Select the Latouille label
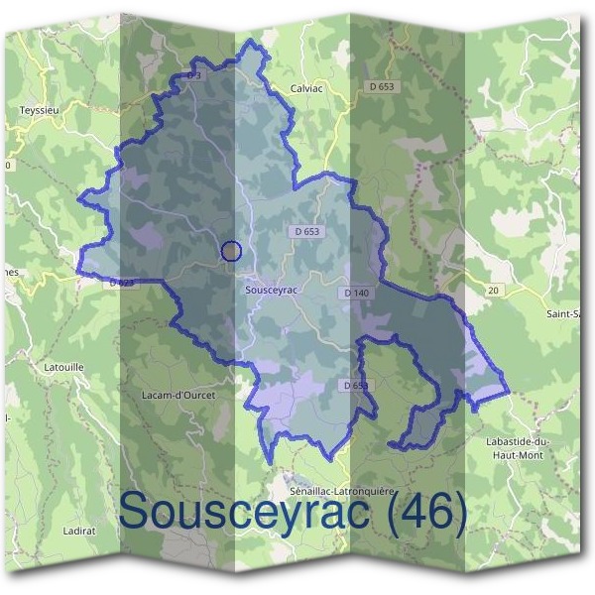[65, 367]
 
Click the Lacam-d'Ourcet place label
[178, 394]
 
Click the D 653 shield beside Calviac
[379, 87]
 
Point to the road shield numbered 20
[493, 290]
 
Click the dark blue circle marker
[231, 251]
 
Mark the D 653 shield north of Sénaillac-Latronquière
[355, 385]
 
